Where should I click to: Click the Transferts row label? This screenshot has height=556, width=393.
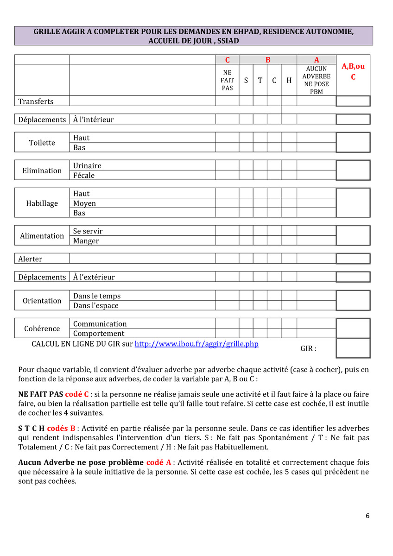[36, 101]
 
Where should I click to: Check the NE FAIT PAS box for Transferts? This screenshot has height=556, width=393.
[227, 101]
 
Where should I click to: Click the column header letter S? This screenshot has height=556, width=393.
[246, 80]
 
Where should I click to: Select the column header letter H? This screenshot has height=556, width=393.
[289, 80]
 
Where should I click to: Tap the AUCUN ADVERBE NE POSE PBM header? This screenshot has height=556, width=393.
[317, 80]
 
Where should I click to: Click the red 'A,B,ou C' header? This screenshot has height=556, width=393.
[353, 71]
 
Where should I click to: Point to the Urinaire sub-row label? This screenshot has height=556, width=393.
[87, 165]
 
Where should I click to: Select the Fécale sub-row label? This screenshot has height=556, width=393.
[84, 175]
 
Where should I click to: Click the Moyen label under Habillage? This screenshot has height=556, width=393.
[85, 203]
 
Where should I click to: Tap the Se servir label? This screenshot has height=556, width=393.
[88, 231]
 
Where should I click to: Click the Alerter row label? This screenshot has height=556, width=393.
[30, 259]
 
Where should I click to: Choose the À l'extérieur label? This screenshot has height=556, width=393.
[94, 277]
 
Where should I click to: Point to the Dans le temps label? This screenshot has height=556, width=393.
[97, 296]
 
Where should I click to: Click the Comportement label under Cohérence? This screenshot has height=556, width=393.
[99, 334]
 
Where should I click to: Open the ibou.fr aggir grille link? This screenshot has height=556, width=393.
[196, 344]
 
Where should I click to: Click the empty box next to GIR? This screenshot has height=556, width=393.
[353, 348]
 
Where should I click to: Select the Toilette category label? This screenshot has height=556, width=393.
[42, 143]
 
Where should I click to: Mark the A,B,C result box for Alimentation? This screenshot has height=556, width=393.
[353, 235]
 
